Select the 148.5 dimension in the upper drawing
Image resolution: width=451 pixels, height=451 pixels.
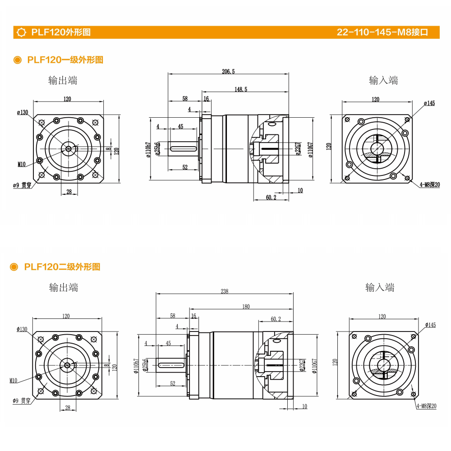click(x=241, y=89)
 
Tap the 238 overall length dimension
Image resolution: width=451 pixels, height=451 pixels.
click(x=224, y=291)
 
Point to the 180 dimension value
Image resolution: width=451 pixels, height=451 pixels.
click(x=246, y=307)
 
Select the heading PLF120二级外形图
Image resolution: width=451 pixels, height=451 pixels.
click(x=62, y=267)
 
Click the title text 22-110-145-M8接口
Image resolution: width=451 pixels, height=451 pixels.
click(x=382, y=32)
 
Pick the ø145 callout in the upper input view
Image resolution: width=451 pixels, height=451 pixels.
click(x=429, y=103)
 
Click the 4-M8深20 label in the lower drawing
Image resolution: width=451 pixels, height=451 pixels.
click(x=426, y=406)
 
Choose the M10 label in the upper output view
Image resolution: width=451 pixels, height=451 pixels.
click(x=22, y=165)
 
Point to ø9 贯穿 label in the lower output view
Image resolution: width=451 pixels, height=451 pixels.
click(x=21, y=401)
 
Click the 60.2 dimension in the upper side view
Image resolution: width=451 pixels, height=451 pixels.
click(x=271, y=197)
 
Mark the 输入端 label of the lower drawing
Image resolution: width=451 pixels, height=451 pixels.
click(x=380, y=287)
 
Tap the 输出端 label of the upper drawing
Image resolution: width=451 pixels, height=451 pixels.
click(x=63, y=80)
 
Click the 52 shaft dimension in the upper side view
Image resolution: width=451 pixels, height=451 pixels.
click(x=185, y=167)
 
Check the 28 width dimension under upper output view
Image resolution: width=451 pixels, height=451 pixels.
click(x=69, y=192)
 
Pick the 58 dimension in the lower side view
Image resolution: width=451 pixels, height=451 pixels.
click(x=172, y=316)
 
